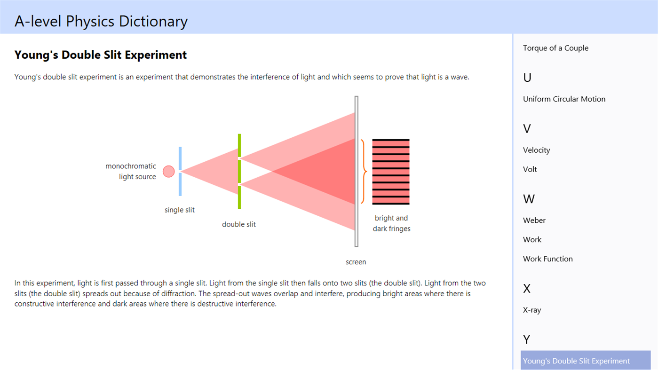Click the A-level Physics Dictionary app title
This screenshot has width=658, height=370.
[x=101, y=21]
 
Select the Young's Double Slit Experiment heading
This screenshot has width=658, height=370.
[x=101, y=55]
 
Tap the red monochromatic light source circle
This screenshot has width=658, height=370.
[x=168, y=172]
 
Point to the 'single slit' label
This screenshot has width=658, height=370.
[x=180, y=210]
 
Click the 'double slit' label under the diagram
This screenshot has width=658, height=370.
[x=239, y=224]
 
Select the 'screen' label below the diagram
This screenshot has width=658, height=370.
[x=356, y=262]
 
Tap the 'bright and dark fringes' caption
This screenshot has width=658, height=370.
[x=391, y=223]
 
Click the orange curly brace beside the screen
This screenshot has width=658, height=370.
[x=364, y=172]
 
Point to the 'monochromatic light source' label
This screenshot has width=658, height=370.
[x=131, y=172]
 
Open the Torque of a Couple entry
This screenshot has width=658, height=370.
[x=555, y=48]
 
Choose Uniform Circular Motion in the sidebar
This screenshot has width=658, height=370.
[x=564, y=99]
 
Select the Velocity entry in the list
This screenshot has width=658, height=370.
[x=536, y=150]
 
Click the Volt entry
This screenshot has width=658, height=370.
[x=530, y=169]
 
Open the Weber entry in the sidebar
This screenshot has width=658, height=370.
[x=534, y=220]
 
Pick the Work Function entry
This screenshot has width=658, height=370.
[x=547, y=259]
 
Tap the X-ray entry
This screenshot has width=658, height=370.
[x=532, y=310]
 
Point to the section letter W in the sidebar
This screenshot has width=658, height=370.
[x=529, y=199]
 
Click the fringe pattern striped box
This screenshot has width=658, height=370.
[x=391, y=172]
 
